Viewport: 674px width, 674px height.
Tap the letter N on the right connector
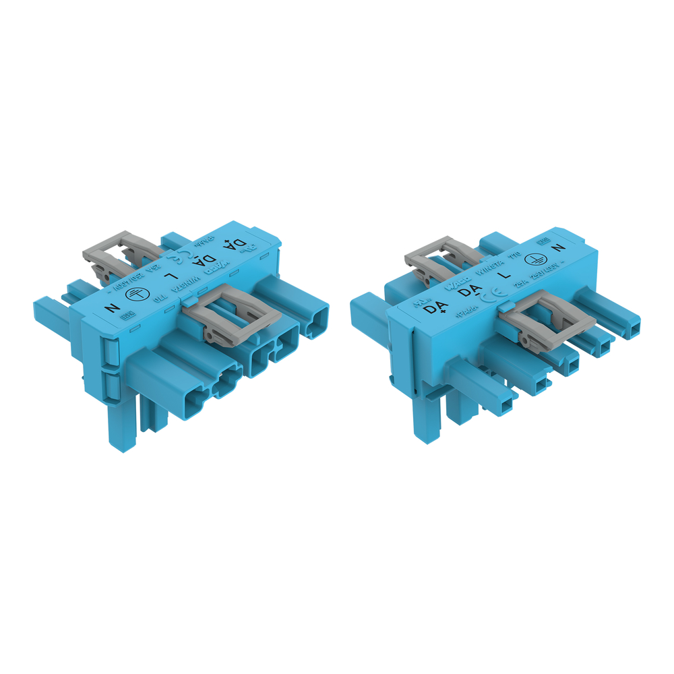(557, 248)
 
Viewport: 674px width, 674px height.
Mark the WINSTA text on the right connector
(491, 268)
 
